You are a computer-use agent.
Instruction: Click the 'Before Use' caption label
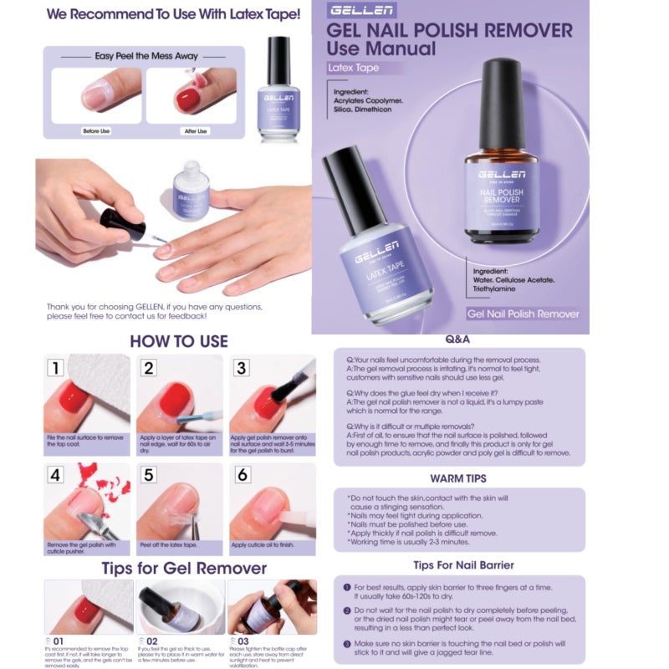click(97, 131)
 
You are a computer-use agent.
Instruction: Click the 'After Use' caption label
click(196, 131)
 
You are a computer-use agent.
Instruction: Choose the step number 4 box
click(55, 476)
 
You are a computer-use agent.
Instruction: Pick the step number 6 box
click(243, 476)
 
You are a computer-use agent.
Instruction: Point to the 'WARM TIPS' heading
click(458, 479)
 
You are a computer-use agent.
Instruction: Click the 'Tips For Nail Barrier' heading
click(458, 565)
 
